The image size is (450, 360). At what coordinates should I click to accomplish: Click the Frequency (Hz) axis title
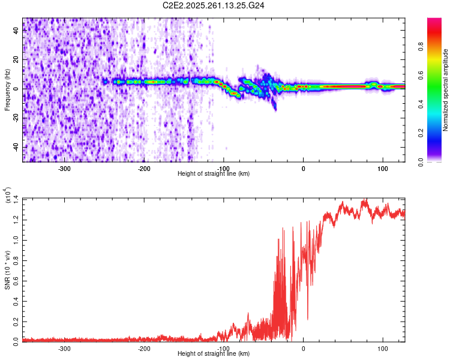point(7,90)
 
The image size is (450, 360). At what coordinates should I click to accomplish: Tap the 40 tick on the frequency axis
point(17,31)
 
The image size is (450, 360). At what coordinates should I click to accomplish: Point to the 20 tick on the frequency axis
point(17,60)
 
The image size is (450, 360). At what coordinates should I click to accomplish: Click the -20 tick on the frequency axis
point(17,118)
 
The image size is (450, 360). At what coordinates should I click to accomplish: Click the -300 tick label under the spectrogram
point(64,168)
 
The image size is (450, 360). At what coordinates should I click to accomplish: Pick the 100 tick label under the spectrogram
point(382,168)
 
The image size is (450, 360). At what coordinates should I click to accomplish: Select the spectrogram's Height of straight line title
point(214,174)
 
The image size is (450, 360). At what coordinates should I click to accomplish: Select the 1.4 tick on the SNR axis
point(17,199)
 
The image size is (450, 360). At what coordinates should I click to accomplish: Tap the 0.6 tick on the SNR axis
point(17,280)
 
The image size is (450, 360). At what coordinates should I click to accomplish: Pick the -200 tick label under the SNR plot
point(144,348)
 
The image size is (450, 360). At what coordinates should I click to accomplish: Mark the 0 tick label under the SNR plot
point(303,348)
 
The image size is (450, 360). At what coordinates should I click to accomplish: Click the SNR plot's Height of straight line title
point(214,354)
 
